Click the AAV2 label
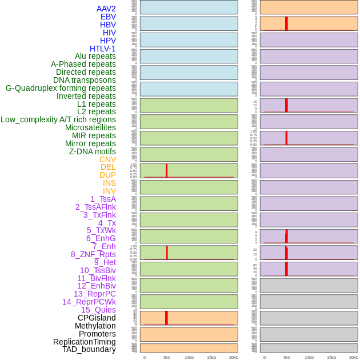click(106, 9)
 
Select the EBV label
click(108, 17)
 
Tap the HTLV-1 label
click(103, 49)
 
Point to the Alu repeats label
click(95, 56)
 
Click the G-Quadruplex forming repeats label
click(61, 88)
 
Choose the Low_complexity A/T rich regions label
click(58, 119)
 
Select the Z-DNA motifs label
click(93, 151)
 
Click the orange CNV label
click(107, 159)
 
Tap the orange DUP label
click(107, 175)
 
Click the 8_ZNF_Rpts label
click(93, 254)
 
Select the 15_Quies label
click(98, 310)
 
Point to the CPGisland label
click(97, 318)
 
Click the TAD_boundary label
click(89, 349)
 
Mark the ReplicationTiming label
click(85, 342)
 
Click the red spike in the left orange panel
click(166, 318)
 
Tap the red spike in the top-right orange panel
click(286, 23)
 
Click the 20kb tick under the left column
click(233, 357)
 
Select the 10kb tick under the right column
click(309, 357)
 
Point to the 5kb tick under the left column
click(166, 357)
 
